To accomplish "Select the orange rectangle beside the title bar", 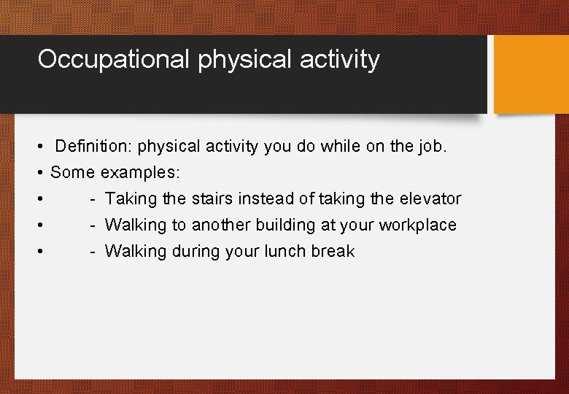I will (x=531, y=74).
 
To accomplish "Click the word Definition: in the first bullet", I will (x=94, y=147).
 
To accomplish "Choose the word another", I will (x=222, y=225).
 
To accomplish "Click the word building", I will (x=287, y=225).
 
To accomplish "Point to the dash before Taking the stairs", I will (x=93, y=199).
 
